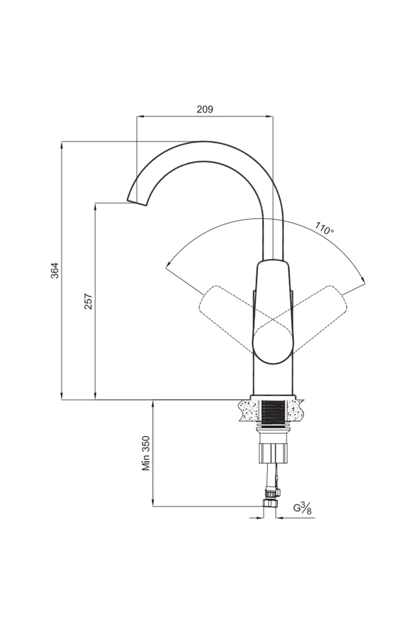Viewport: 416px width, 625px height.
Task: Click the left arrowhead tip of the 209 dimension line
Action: coord(137,116)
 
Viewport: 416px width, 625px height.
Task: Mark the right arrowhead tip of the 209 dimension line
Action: coord(273,116)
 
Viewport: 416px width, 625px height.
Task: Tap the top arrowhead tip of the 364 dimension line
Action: coord(62,141)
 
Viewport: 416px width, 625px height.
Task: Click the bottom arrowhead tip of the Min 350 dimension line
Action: coord(153,506)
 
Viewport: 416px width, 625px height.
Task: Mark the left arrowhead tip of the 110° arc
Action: coord(166,268)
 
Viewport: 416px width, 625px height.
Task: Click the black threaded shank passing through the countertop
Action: coord(274,412)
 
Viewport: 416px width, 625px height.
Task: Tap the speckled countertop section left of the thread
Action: coord(250,410)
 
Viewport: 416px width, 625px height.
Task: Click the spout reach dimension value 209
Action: coord(205,109)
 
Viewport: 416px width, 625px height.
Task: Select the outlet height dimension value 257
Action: coord(88,301)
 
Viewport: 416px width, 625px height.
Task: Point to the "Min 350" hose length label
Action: coord(146,453)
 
